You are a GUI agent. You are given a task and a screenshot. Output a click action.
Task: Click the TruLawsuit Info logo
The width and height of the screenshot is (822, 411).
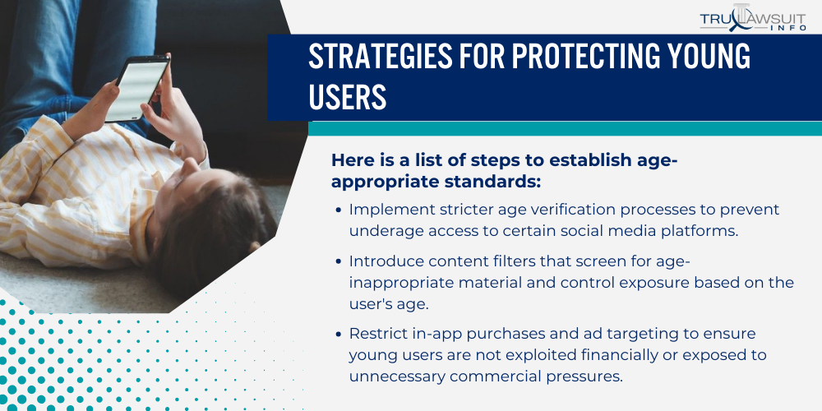753,18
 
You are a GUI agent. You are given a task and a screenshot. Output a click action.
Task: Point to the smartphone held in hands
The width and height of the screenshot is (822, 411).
136,88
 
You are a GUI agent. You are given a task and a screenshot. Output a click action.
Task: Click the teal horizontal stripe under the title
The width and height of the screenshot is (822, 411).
565,129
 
